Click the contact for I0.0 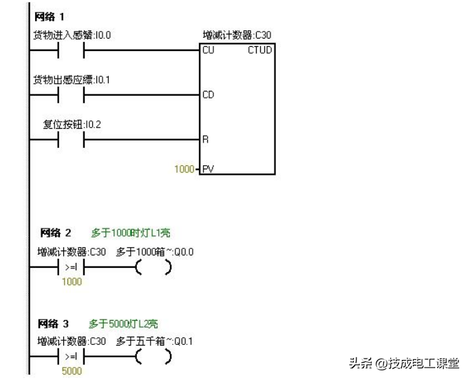[71, 50]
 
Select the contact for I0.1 [71, 94]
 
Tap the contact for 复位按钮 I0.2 [71, 139]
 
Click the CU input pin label [209, 50]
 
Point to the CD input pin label [209, 95]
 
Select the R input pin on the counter [205, 139]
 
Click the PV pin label [208, 168]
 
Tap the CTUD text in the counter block [259, 50]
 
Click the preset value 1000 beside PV [184, 168]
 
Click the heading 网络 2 [56, 233]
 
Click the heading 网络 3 [56, 323]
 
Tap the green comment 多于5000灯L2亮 [124, 323]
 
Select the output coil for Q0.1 [153, 357]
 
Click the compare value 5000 [72, 372]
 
